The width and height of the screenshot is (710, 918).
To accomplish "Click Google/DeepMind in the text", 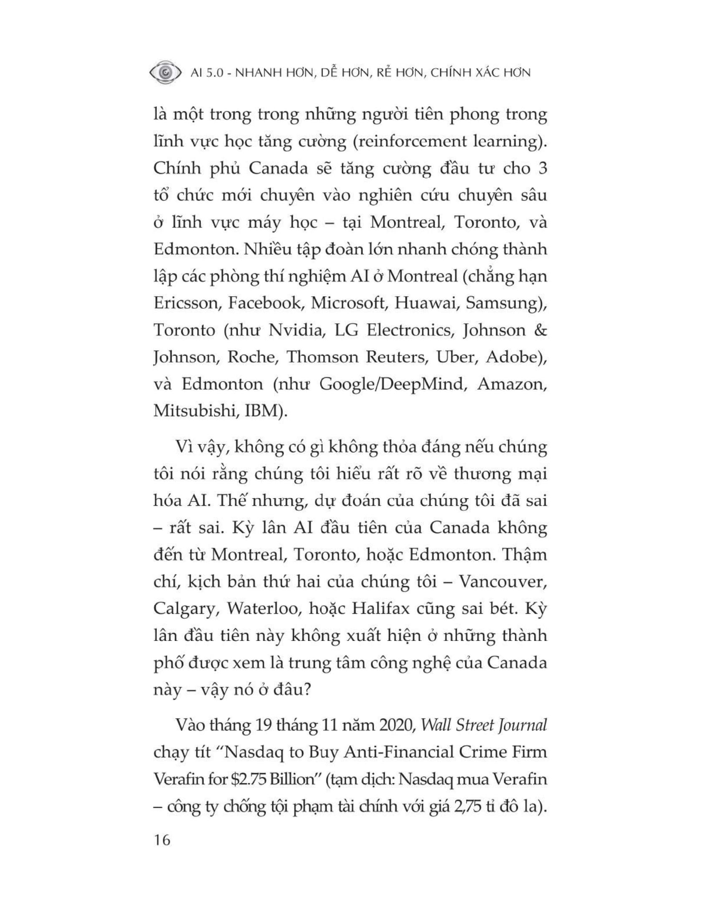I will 391,384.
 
